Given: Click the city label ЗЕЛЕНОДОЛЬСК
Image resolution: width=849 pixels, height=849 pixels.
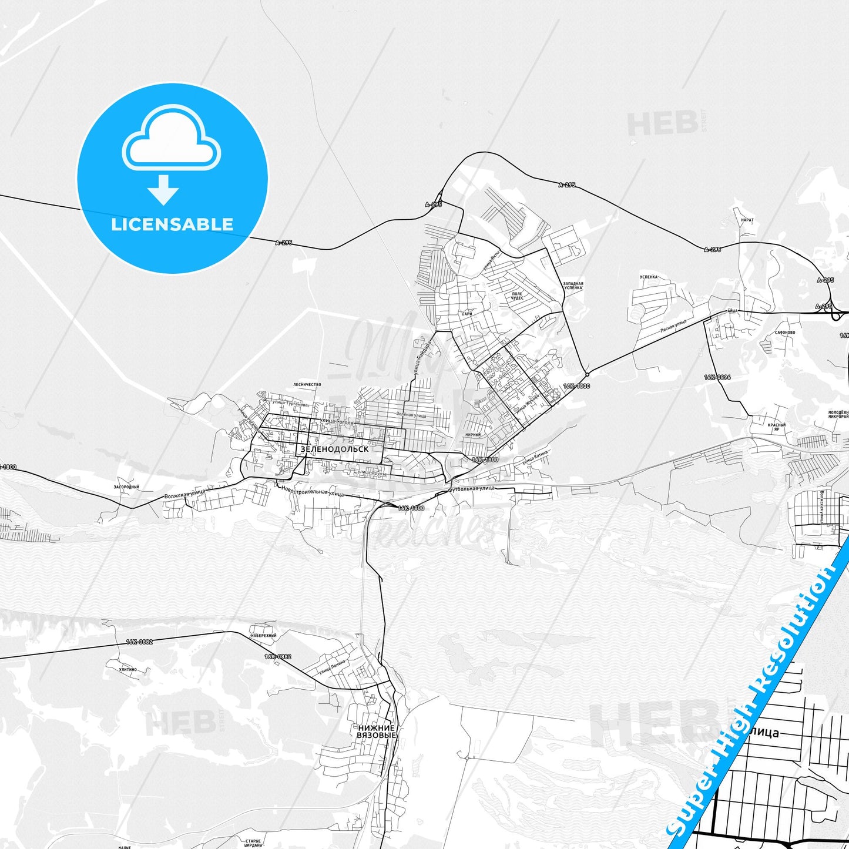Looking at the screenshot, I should pyautogui.click(x=334, y=449).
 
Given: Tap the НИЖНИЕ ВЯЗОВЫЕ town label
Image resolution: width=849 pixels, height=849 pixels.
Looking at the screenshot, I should pyautogui.click(x=377, y=731).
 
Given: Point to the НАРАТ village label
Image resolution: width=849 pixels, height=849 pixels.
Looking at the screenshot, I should pyautogui.click(x=747, y=220).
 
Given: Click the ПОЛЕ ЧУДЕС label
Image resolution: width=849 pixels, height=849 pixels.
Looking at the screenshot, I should pyautogui.click(x=517, y=296).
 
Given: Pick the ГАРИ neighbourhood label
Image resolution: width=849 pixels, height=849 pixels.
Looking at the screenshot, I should pyautogui.click(x=467, y=314).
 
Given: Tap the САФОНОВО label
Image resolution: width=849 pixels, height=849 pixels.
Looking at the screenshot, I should pyautogui.click(x=785, y=332).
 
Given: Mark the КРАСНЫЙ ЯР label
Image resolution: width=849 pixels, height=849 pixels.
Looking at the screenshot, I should pyautogui.click(x=777, y=427).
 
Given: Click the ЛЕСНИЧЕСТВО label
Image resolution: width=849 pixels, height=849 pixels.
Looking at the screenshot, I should pyautogui.click(x=307, y=384).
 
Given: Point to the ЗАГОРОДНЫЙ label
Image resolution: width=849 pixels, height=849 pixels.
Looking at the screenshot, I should pyautogui.click(x=126, y=487).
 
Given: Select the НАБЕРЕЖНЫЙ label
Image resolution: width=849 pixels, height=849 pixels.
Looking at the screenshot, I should pyautogui.click(x=263, y=635).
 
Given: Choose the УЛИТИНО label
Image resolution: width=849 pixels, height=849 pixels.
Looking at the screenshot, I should pyautogui.click(x=127, y=669).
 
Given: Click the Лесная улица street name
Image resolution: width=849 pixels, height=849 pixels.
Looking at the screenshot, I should pyautogui.click(x=673, y=326).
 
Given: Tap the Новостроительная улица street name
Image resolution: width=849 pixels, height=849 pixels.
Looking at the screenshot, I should pyautogui.click(x=313, y=491).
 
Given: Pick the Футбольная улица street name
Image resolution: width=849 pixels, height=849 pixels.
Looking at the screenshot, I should pyautogui.click(x=471, y=489).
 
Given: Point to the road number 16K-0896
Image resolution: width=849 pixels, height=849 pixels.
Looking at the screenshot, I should pyautogui.click(x=717, y=377).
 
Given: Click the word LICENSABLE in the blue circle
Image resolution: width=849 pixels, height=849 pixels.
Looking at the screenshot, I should pyautogui.click(x=172, y=224).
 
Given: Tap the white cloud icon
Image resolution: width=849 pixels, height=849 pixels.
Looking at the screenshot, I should pyautogui.click(x=171, y=138).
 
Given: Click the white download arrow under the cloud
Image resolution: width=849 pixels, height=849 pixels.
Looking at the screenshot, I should pyautogui.click(x=163, y=190).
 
